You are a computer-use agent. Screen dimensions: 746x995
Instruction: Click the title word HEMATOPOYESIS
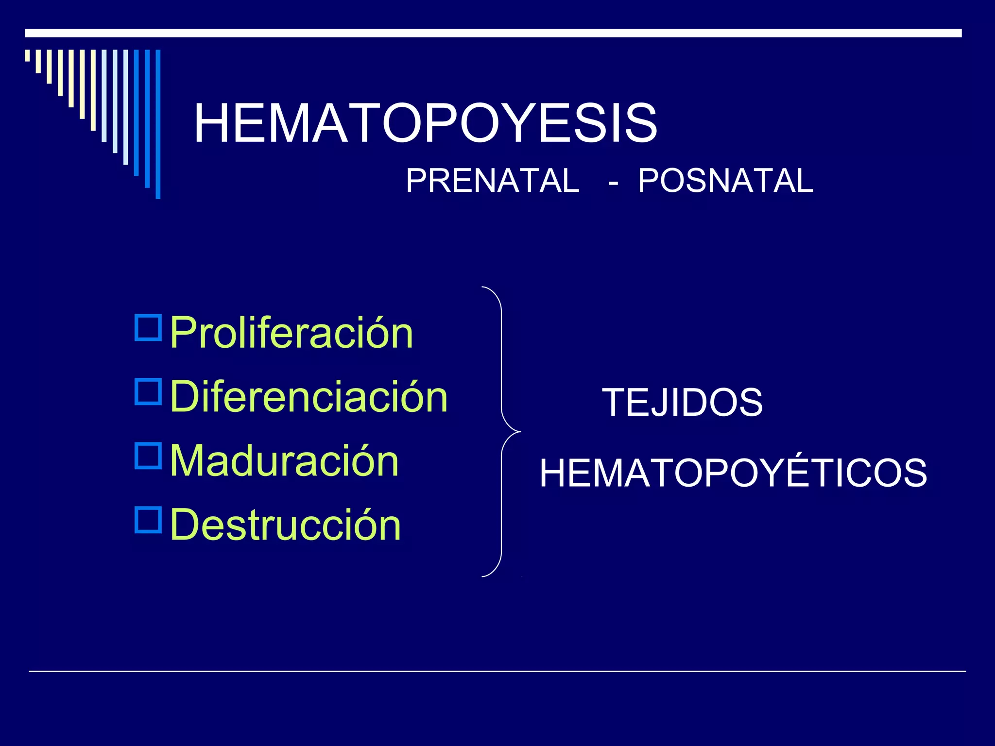[x=425, y=123]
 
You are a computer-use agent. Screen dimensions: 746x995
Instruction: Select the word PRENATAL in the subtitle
[x=492, y=181]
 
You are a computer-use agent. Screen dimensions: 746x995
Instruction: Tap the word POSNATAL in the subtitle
[x=725, y=181]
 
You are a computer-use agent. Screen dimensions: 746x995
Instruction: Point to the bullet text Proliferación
[x=292, y=333]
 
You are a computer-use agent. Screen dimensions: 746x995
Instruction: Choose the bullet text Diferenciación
[x=309, y=397]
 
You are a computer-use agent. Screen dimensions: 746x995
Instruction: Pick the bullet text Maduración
[x=285, y=461]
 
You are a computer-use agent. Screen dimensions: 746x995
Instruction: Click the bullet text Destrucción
[x=286, y=525]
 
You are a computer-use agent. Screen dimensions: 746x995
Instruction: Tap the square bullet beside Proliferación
[x=148, y=328]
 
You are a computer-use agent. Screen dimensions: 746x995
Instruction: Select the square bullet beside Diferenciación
[x=148, y=392]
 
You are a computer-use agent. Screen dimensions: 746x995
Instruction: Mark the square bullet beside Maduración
[x=148, y=456]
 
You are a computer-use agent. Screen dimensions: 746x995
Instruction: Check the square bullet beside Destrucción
[x=148, y=520]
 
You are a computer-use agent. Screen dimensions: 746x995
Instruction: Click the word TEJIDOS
[x=682, y=403]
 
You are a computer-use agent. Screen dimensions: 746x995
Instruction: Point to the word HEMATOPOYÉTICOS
[x=733, y=473]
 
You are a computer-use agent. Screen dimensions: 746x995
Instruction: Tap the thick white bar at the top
[x=493, y=33]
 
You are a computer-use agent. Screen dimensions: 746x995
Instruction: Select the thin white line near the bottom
[x=497, y=671]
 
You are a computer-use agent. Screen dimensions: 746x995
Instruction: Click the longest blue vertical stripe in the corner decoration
[x=158, y=124]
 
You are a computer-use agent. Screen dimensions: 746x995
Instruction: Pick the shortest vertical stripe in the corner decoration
[x=27, y=55]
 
